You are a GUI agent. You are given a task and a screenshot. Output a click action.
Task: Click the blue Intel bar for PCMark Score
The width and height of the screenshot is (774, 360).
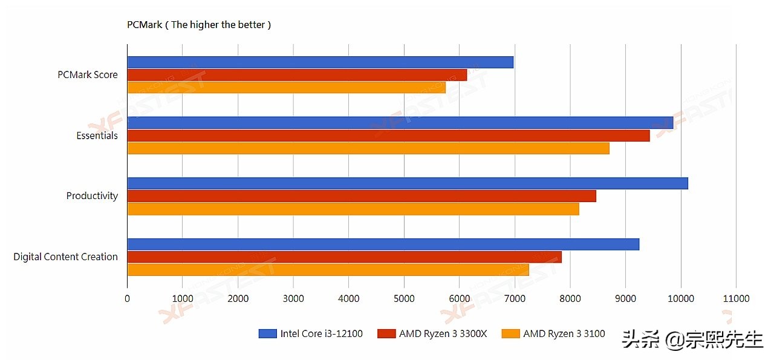[x=320, y=62]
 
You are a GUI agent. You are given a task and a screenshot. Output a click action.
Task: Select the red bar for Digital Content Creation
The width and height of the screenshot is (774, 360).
[x=344, y=257]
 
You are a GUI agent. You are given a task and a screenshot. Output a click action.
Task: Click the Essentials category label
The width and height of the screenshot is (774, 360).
[x=97, y=136]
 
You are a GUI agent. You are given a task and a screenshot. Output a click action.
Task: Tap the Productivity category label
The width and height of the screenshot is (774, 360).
[x=92, y=196]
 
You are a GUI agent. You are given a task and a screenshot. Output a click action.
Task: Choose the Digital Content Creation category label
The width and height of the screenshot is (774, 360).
[x=65, y=257]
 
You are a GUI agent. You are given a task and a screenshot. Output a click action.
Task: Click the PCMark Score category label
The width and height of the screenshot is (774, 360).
[x=88, y=75]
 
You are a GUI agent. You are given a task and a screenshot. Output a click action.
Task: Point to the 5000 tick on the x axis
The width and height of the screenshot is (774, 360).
[x=404, y=298]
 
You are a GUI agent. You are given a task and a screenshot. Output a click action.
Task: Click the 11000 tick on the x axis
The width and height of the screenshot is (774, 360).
[x=736, y=298]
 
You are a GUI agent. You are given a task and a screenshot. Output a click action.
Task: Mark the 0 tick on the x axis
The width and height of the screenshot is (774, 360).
[x=127, y=298]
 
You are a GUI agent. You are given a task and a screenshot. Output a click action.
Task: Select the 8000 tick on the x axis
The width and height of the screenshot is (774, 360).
[x=570, y=298]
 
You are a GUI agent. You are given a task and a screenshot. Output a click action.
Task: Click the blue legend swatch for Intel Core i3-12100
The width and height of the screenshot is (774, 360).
[x=267, y=333]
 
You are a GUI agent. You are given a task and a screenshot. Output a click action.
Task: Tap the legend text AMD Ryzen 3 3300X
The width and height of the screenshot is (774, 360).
[x=443, y=333]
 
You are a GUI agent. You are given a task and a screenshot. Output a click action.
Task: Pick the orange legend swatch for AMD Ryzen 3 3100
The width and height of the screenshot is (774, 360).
[x=511, y=333]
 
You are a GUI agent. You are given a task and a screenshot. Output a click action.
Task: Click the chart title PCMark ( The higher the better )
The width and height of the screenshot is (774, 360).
[x=199, y=25]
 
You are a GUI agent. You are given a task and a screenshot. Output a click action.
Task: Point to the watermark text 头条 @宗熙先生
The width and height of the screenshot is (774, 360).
[x=692, y=340]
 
